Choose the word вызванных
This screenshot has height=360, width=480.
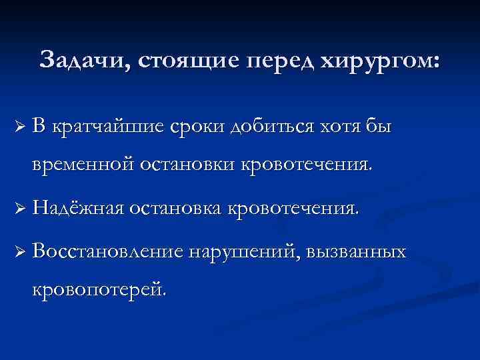(x=357, y=251)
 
